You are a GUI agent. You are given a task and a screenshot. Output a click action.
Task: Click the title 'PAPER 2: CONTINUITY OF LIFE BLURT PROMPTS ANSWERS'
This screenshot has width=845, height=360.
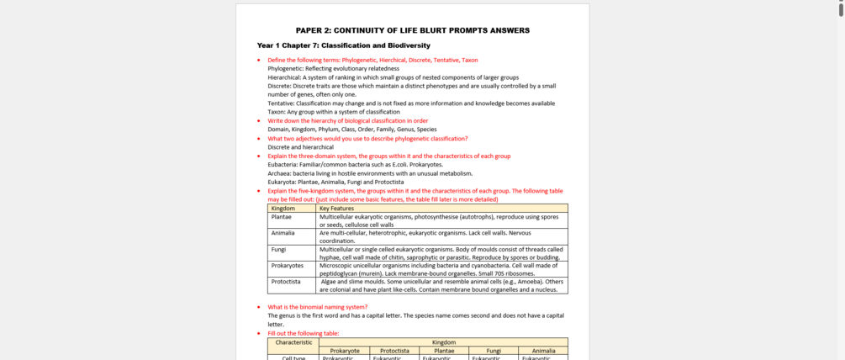(412, 30)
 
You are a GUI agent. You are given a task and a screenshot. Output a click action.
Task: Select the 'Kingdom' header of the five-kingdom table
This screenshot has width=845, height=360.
(283, 208)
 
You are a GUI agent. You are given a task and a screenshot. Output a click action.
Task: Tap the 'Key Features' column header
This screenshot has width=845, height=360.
(336, 208)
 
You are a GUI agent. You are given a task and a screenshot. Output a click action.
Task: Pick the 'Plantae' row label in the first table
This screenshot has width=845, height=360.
(281, 217)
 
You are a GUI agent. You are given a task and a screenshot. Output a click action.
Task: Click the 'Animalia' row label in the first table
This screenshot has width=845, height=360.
(283, 233)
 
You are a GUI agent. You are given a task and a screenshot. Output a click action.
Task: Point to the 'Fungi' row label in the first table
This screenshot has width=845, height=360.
(278, 250)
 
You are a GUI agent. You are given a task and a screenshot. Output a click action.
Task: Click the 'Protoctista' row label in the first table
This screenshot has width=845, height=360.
(286, 282)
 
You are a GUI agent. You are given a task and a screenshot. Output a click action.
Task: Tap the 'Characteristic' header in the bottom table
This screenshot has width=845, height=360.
(293, 342)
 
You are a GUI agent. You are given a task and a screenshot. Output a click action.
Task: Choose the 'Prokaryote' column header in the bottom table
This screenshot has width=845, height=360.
(345, 351)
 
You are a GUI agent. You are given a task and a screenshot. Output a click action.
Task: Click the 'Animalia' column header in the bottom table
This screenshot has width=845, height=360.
(543, 351)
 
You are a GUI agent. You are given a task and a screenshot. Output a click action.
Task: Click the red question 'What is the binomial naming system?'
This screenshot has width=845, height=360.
(317, 307)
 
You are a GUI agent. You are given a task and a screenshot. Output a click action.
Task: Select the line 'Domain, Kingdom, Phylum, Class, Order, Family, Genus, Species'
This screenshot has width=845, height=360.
(351, 130)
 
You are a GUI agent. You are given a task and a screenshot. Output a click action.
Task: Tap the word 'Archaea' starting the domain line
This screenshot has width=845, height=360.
(279, 173)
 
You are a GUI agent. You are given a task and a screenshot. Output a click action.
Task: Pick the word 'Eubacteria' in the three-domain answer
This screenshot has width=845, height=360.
(283, 165)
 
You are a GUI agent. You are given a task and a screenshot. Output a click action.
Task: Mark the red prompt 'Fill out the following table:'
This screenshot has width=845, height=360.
(303, 334)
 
